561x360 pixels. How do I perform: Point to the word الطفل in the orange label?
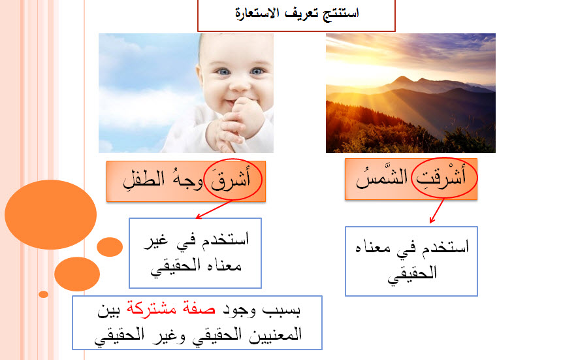(144, 180)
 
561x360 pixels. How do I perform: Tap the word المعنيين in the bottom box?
(276, 335)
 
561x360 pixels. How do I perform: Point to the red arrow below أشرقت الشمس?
(437, 211)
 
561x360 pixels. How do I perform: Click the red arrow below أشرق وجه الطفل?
(214, 209)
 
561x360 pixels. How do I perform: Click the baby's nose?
(239, 84)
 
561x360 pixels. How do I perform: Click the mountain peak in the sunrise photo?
(403, 77)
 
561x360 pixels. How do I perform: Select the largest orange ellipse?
(51, 215)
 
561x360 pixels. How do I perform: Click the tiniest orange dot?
(43, 294)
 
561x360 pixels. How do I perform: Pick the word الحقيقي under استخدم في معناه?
(412, 273)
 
